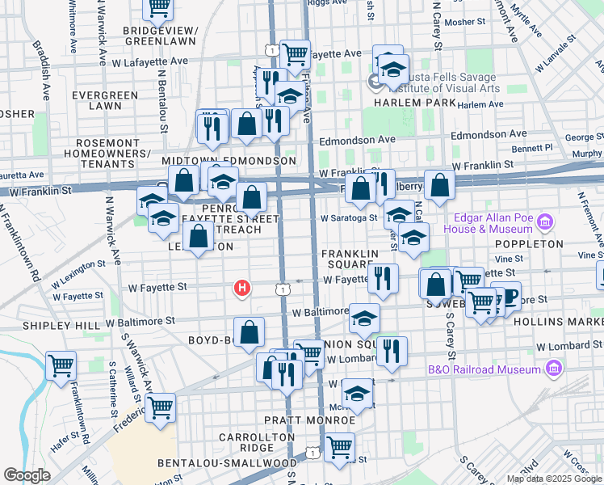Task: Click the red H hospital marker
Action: (241, 287)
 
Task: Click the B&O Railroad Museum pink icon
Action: (553, 369)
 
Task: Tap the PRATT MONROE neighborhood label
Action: (303, 420)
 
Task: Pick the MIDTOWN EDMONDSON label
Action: (229, 162)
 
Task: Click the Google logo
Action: (27, 475)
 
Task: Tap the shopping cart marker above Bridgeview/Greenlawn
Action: (158, 6)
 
